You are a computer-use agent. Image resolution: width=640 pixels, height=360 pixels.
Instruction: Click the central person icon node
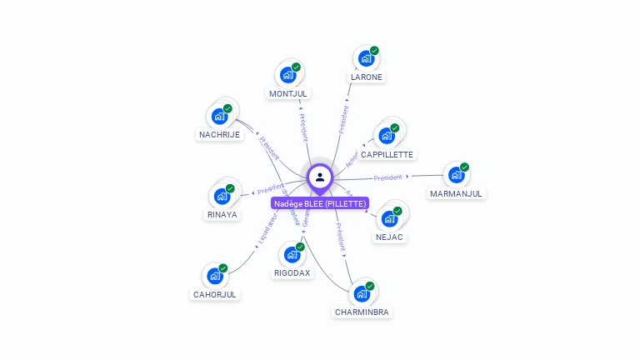point(320,177)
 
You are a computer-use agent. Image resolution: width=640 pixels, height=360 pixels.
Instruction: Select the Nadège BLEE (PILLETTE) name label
point(320,203)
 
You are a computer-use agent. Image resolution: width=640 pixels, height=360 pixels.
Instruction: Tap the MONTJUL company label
point(288,93)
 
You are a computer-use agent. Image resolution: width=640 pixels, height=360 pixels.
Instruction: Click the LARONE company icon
point(365,58)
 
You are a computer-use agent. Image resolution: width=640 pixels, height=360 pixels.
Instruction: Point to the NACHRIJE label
point(219,134)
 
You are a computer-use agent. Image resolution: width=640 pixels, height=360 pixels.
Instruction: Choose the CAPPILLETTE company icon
point(386,135)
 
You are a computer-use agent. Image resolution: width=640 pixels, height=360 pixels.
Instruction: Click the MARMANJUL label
point(456,193)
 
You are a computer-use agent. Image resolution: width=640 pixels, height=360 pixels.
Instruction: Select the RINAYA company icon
point(221,196)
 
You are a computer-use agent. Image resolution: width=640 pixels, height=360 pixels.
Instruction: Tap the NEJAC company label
point(389,237)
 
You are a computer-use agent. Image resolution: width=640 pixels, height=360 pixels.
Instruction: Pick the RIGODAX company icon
point(291,254)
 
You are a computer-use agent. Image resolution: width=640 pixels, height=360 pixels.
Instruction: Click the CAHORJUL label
point(215,294)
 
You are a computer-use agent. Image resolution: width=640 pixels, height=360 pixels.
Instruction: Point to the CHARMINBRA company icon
point(361,293)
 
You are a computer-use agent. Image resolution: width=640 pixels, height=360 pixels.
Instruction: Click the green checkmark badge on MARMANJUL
point(464,167)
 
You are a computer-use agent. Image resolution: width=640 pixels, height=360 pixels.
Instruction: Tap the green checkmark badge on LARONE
point(374,51)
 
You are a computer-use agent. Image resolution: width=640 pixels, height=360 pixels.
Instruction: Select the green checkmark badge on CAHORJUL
point(223,268)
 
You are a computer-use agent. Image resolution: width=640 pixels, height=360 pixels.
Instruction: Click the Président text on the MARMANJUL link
point(388,177)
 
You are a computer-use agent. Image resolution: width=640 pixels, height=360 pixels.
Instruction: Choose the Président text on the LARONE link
point(343,119)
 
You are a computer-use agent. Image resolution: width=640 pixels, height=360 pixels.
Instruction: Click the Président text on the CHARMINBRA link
point(341,237)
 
